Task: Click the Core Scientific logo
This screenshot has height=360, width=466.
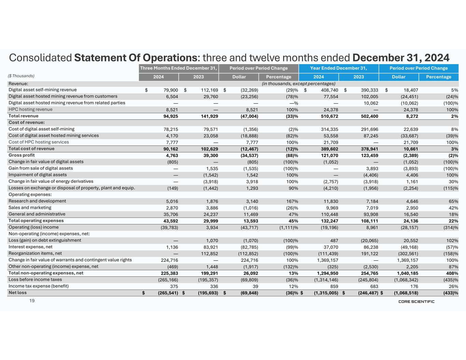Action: (x=416, y=302)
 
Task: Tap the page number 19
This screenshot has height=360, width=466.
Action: (x=32, y=301)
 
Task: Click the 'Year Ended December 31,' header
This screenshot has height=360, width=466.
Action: (x=338, y=68)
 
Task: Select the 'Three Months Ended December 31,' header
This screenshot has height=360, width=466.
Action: (x=179, y=68)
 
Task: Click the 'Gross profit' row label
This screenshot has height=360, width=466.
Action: (x=22, y=155)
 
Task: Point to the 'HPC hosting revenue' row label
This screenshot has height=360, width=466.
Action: (x=30, y=110)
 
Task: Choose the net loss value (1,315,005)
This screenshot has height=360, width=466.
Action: (x=326, y=293)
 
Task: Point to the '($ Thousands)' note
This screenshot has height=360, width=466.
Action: (x=22, y=76)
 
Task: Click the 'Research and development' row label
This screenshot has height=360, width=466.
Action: (x=37, y=201)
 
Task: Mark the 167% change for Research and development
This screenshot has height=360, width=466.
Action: (x=292, y=201)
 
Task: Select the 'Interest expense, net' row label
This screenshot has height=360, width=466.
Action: (x=30, y=247)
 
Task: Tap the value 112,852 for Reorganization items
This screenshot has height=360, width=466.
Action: (x=209, y=254)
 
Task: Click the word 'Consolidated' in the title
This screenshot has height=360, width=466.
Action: (x=40, y=57)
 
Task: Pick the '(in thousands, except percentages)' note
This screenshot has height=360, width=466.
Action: (x=298, y=84)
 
